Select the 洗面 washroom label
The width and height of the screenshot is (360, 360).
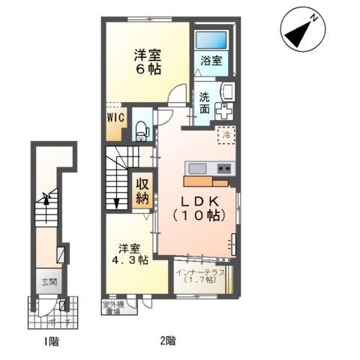click(205, 103)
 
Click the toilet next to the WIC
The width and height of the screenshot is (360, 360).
click(140, 128)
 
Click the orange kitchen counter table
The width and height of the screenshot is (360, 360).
click(205, 181)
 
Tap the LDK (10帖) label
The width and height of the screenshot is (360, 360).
click(196, 208)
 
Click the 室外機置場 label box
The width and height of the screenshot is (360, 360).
click(113, 307)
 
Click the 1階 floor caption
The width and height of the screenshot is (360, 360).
click(50, 343)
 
